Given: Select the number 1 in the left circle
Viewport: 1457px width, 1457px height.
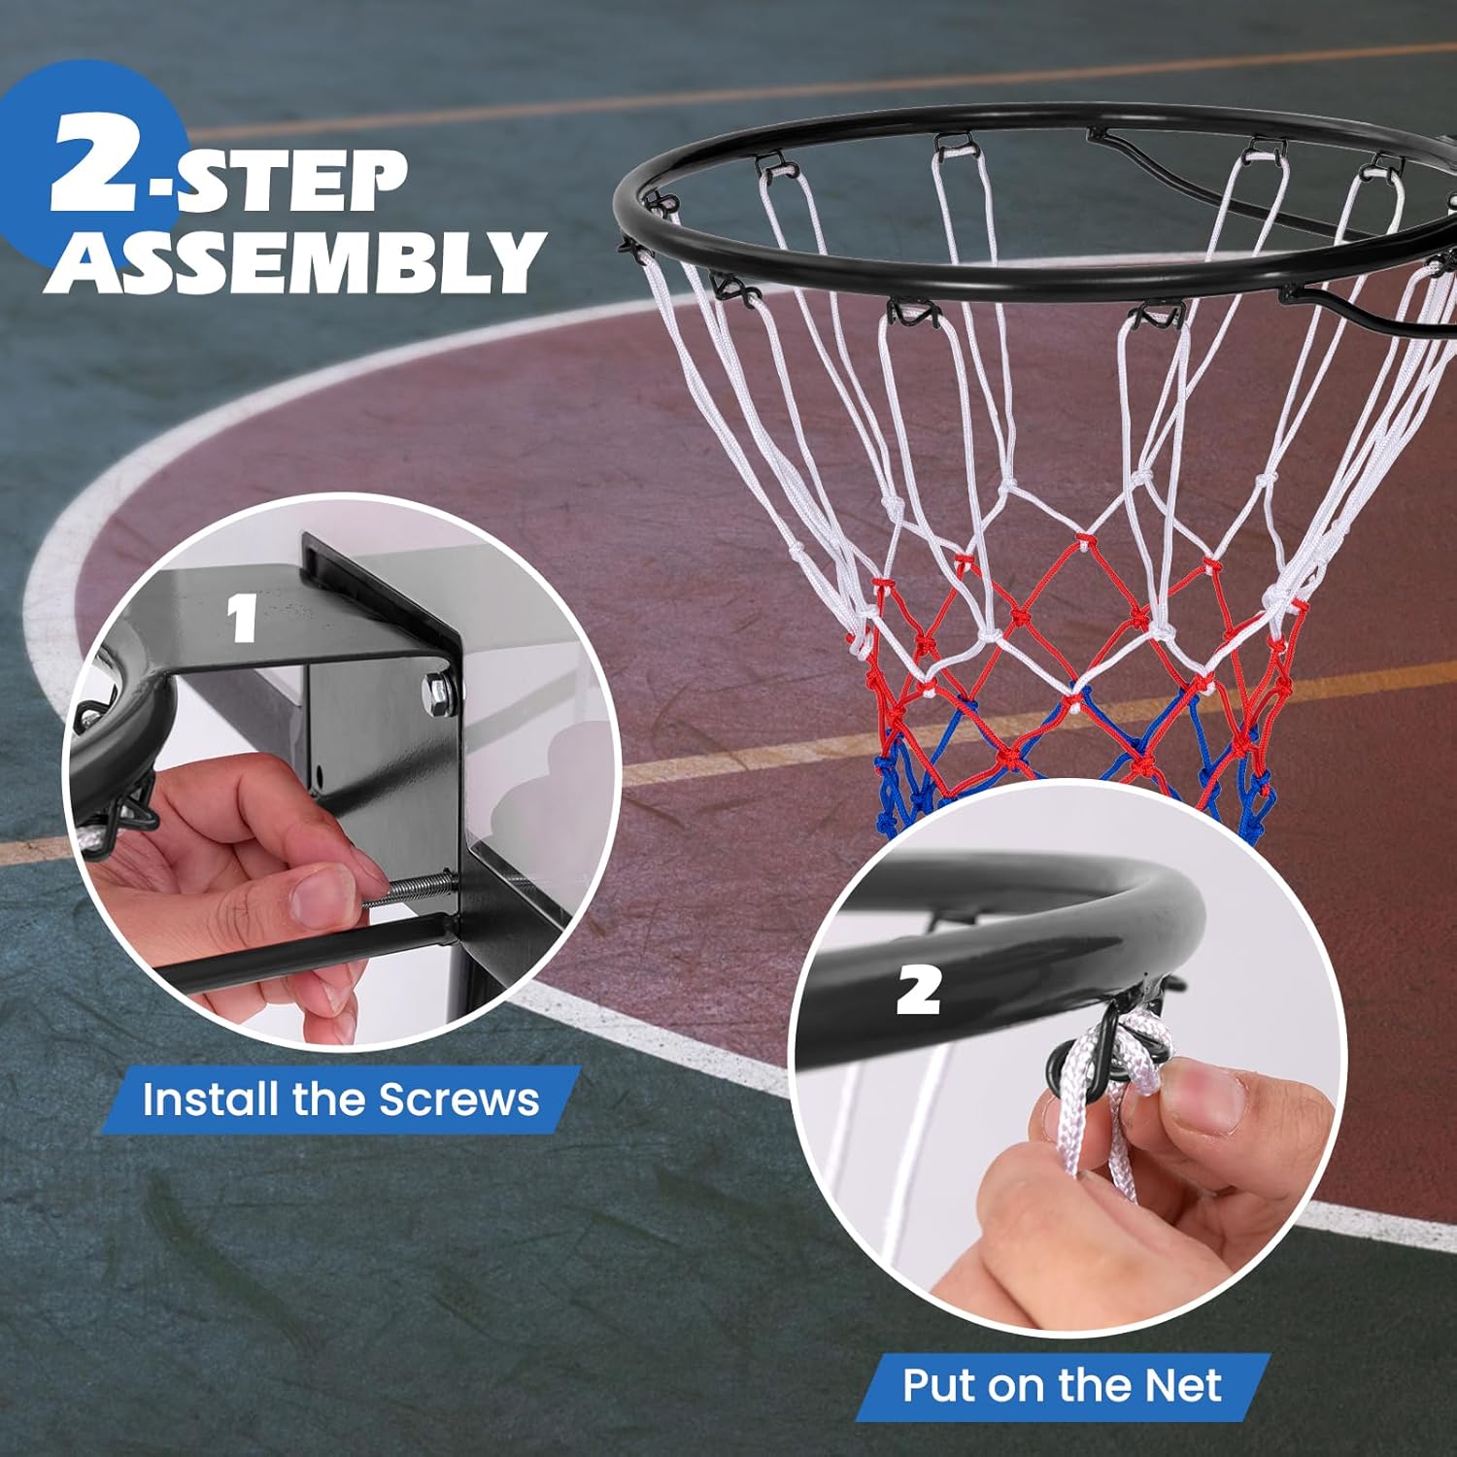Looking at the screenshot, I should (x=242, y=619).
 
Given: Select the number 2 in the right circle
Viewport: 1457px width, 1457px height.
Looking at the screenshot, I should (x=918, y=991).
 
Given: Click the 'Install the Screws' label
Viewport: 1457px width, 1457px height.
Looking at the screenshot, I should (x=340, y=1100).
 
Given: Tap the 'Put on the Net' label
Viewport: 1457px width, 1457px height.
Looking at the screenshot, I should (x=1062, y=1385).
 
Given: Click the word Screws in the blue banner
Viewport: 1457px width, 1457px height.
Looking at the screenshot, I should (x=458, y=1100).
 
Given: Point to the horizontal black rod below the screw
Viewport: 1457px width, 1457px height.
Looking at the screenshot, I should (x=291, y=957).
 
